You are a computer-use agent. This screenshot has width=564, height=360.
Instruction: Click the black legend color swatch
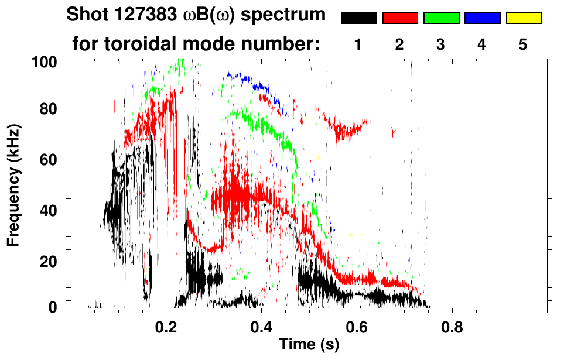point(358,18)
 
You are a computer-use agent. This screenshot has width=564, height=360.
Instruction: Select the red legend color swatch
point(400,18)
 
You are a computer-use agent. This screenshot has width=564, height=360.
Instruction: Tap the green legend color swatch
point(441,18)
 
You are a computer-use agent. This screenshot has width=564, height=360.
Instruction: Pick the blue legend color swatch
point(482,18)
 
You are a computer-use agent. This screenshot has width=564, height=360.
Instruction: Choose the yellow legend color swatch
point(523,18)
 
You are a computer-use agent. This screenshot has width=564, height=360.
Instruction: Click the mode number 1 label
point(358,44)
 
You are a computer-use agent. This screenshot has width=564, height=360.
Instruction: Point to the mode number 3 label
point(441,44)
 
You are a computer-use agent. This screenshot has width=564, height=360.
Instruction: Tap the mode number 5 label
point(523,44)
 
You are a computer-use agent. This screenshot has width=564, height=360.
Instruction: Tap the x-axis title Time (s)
point(309,345)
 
